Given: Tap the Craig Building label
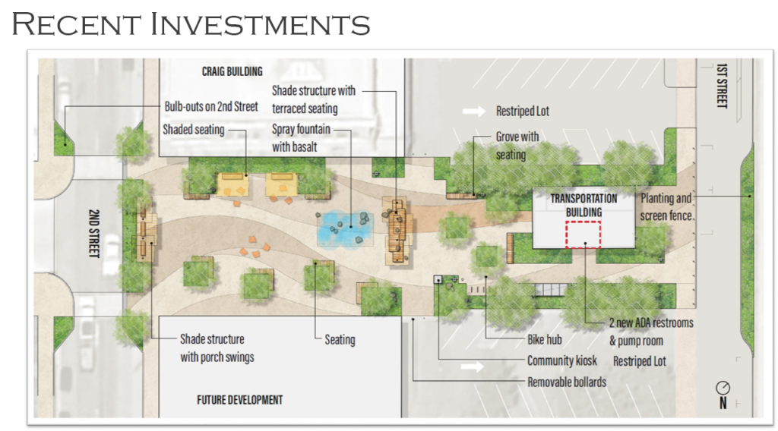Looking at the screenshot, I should tap(232, 71).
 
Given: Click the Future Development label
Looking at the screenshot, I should tap(239, 400).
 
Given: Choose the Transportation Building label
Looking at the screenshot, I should tap(583, 205).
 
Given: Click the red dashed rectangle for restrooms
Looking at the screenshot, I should tap(583, 235).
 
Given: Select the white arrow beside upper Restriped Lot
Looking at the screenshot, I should tap(474, 112).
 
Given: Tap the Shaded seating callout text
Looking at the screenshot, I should tap(194, 130).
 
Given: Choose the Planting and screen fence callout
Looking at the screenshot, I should tap(666, 206).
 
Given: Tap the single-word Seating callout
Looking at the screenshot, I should tap(340, 339).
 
